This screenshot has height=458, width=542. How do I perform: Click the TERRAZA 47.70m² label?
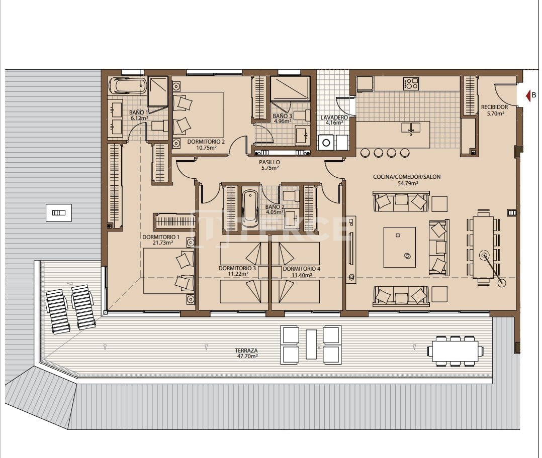(x=246, y=353)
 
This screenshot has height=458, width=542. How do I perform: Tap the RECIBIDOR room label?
(x=494, y=110)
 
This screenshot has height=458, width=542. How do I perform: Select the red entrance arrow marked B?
(x=528, y=95)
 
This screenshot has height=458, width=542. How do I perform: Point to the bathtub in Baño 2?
(x=250, y=207)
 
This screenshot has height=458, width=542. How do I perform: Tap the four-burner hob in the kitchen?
(x=411, y=84)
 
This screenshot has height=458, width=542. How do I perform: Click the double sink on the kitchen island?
(x=411, y=128)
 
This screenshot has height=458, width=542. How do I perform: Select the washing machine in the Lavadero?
(x=326, y=142)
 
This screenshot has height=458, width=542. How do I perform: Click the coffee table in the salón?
(x=400, y=247)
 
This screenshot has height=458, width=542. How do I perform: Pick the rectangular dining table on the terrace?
(x=456, y=350)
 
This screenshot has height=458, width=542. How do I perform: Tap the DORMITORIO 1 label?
(x=161, y=240)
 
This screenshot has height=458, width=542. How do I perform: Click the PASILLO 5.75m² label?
(x=269, y=165)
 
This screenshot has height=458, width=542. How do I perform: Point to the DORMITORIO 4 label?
(x=301, y=272)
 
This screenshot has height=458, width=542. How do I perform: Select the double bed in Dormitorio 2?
(x=198, y=114)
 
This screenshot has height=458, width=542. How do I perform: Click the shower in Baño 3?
(x=290, y=89)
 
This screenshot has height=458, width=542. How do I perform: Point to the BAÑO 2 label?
(x=275, y=209)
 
